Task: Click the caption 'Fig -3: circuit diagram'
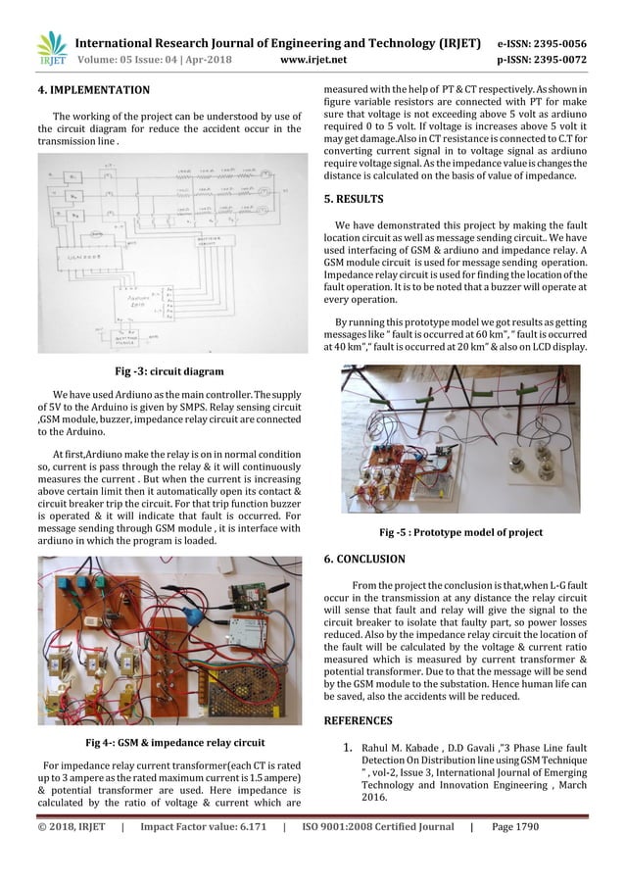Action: pos(170,371)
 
